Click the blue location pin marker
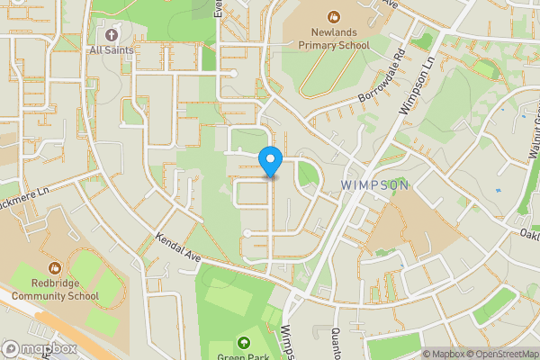pos(271,161)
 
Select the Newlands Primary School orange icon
pos(333,15)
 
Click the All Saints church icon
pos(112,34)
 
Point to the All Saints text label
pos(112,50)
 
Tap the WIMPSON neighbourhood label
pos(375,184)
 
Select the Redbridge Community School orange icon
pos(55,267)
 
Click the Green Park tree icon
pos(244,343)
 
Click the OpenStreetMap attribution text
pos(502,354)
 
